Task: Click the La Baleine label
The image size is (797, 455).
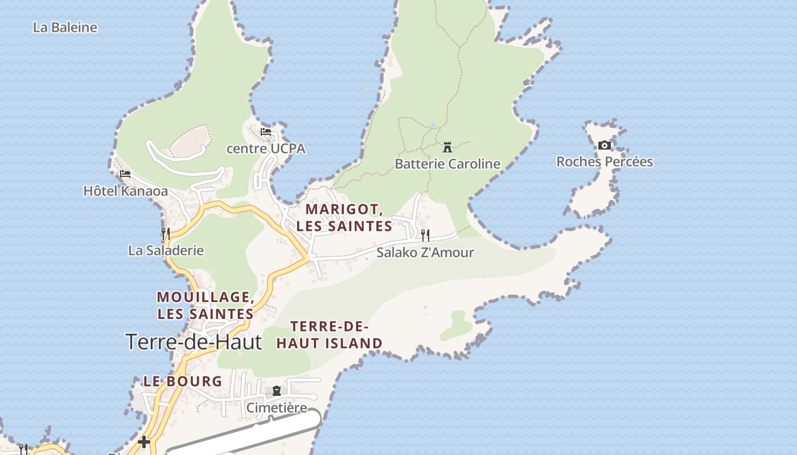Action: pyautogui.click(x=65, y=27)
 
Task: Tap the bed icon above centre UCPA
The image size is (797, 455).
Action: pyautogui.click(x=266, y=133)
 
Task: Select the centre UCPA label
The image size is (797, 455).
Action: pyautogui.click(x=266, y=148)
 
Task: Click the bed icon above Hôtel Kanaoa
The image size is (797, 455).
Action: pyautogui.click(x=125, y=174)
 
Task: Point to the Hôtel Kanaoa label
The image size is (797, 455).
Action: pyautogui.click(x=126, y=191)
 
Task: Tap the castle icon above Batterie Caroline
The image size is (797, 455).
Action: pyautogui.click(x=447, y=147)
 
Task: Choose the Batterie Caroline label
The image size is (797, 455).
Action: pyautogui.click(x=447, y=164)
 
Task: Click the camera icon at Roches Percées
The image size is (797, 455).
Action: pyautogui.click(x=605, y=145)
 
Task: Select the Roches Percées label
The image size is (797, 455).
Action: pyautogui.click(x=605, y=162)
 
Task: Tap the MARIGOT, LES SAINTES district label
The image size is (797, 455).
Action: pyautogui.click(x=344, y=217)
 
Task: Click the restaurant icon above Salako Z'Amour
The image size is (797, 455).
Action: pyautogui.click(x=425, y=235)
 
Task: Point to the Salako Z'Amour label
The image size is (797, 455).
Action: pyautogui.click(x=425, y=252)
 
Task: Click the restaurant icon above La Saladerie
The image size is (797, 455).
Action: pyautogui.click(x=165, y=233)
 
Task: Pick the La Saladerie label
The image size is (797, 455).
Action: pyautogui.click(x=166, y=250)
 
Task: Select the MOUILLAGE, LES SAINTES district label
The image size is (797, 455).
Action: pyautogui.click(x=206, y=305)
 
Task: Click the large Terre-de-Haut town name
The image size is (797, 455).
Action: pyautogui.click(x=194, y=342)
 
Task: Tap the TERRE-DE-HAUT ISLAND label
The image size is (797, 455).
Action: pyautogui.click(x=330, y=335)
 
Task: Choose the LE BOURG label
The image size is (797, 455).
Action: pyautogui.click(x=182, y=381)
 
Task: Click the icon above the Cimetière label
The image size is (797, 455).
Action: pyautogui.click(x=277, y=391)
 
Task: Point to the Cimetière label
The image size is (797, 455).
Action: pyautogui.click(x=277, y=408)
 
